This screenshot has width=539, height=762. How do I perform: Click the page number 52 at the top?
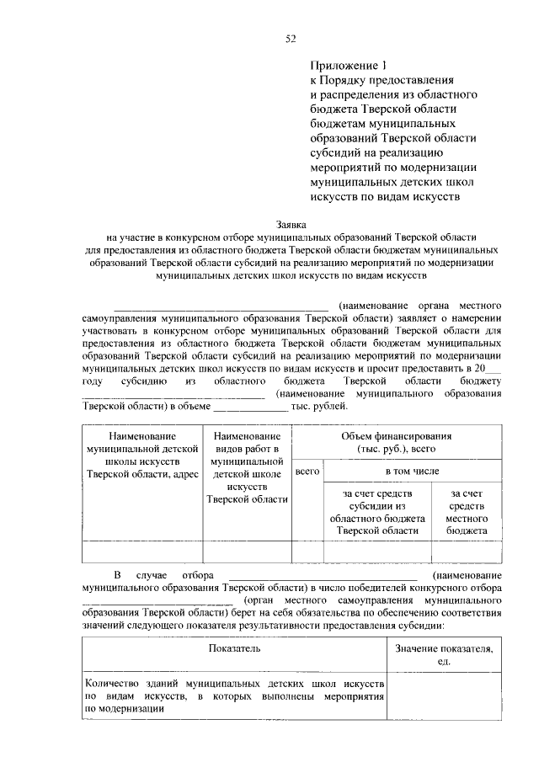(290, 38)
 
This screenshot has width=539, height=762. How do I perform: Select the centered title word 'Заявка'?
(292, 225)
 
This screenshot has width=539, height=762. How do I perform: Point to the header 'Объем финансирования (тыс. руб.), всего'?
(396, 443)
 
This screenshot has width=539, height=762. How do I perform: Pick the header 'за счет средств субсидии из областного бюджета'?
(376, 511)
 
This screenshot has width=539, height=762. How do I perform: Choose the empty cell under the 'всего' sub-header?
(307, 551)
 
